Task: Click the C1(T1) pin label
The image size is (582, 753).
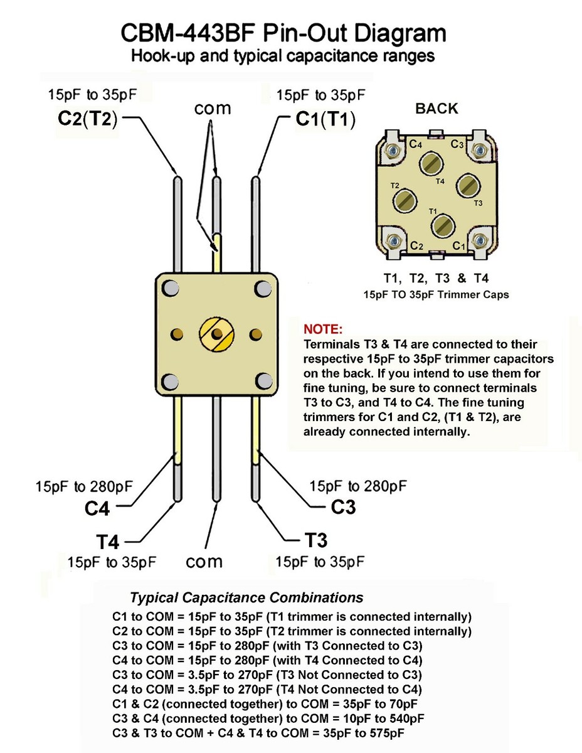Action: (325, 119)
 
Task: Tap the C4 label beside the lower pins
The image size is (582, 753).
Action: (97, 508)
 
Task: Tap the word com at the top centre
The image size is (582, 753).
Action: (213, 108)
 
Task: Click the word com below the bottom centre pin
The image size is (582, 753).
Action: (204, 560)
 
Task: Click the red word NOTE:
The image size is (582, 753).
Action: (323, 329)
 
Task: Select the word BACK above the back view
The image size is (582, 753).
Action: (437, 108)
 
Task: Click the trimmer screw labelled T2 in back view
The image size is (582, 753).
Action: (404, 201)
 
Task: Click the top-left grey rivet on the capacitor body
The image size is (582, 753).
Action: (169, 289)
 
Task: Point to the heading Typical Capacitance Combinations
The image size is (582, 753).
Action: (246, 597)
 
